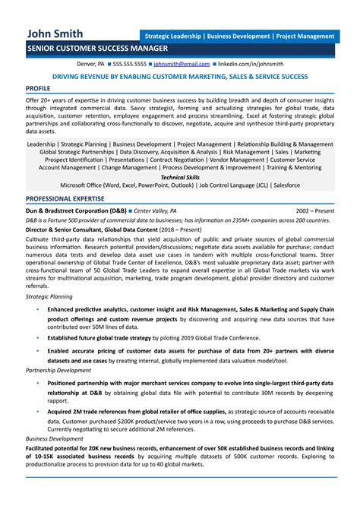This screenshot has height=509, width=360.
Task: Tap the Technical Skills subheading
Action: pyautogui.click(x=180, y=175)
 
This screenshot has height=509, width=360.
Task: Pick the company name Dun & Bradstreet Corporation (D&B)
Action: pyautogui.click(x=75, y=210)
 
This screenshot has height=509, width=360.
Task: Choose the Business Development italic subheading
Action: pyautogui.click(x=54, y=438)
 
